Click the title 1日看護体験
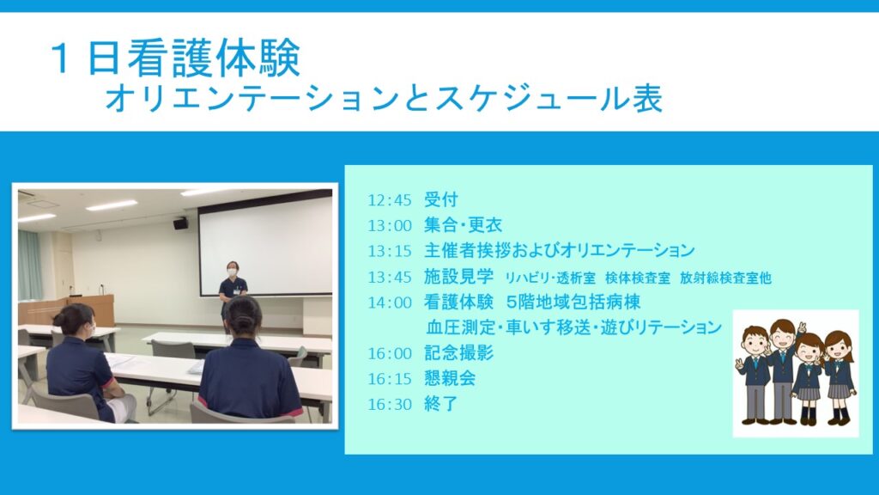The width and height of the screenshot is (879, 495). pyautogui.click(x=175, y=58)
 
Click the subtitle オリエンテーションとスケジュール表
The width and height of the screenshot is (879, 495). pyautogui.click(x=384, y=98)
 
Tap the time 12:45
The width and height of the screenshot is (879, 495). pyautogui.click(x=389, y=199)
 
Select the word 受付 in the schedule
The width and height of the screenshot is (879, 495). pyautogui.click(x=440, y=199)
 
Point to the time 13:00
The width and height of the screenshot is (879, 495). pyautogui.click(x=389, y=226)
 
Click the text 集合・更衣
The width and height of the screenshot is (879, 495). pyautogui.click(x=463, y=225)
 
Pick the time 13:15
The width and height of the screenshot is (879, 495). pyautogui.click(x=389, y=251)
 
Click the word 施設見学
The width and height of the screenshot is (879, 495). pyautogui.click(x=458, y=276)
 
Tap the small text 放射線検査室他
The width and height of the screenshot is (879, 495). pyautogui.click(x=725, y=278)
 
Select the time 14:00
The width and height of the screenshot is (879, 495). pyautogui.click(x=389, y=302)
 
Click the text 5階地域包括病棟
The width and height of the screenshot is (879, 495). pyautogui.click(x=573, y=302)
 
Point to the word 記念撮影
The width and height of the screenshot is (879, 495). pyautogui.click(x=458, y=353)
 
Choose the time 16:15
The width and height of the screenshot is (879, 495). pyautogui.click(x=389, y=379)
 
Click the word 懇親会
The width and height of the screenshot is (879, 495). pyautogui.click(x=450, y=378)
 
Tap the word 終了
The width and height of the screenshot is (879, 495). pyautogui.click(x=440, y=404)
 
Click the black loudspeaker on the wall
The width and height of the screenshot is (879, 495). pyautogui.click(x=180, y=223)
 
